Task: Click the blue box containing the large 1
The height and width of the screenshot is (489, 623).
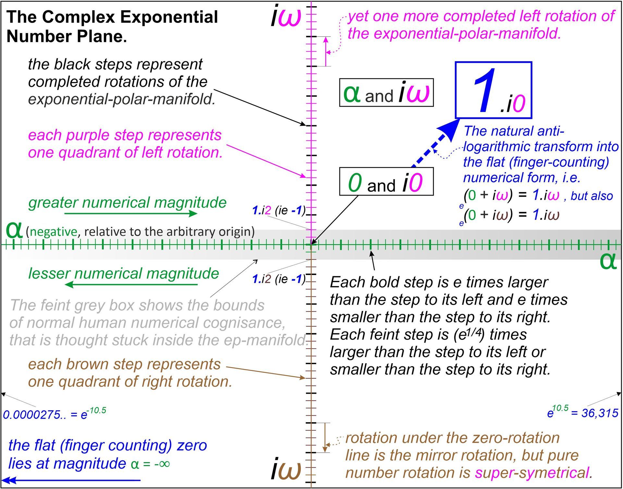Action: coord(494,90)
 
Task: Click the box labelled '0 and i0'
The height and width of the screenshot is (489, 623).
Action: coord(386,182)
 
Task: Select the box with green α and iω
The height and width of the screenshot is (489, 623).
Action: coord(386,93)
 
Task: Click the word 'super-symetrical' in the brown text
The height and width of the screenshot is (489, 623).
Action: coord(532,473)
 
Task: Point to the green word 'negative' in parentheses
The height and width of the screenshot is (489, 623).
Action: coord(54,232)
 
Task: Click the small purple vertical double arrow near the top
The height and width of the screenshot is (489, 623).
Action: coord(326,51)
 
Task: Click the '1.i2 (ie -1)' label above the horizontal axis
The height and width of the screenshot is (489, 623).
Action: coord(279,210)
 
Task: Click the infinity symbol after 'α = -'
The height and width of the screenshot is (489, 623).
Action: coord(164,464)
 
